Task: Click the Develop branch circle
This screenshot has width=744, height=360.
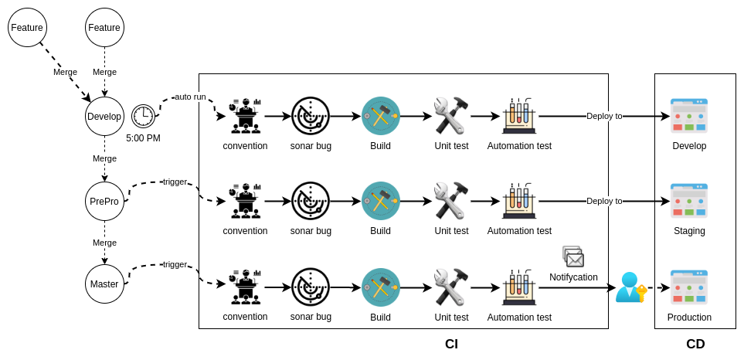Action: pos(104,116)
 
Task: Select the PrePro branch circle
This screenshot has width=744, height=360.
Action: pos(104,201)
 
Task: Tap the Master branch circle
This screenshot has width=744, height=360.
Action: pos(104,284)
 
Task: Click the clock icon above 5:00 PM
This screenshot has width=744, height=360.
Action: pos(143,116)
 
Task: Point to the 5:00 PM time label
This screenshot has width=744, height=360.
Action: pos(143,138)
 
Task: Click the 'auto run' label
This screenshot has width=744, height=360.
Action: pos(190,97)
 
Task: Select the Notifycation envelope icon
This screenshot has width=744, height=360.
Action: pos(573,256)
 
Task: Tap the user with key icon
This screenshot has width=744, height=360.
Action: pos(630,287)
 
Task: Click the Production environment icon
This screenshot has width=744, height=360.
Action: pos(688,287)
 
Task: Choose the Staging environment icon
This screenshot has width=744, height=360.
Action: pos(688,201)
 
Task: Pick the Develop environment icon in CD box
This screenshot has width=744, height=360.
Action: pos(688,116)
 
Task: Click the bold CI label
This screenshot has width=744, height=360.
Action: pos(451,344)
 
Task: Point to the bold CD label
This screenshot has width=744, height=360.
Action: pos(695,344)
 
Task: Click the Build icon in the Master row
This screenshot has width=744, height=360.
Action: pos(380,287)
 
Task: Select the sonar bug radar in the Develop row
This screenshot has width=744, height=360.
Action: pos(311,116)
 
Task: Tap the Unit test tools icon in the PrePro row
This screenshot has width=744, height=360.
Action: pos(451,201)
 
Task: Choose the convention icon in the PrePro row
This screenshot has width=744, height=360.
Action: pos(245,201)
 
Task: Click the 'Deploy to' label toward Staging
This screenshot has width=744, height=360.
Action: pos(604,201)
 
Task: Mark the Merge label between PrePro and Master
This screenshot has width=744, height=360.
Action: pos(104,243)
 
